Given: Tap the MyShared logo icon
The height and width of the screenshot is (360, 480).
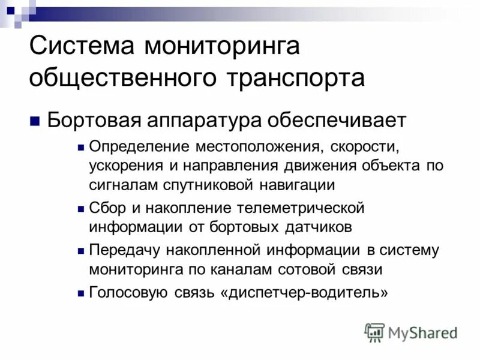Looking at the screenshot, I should point(374,332).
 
